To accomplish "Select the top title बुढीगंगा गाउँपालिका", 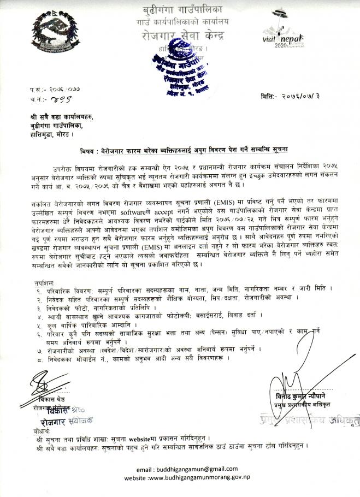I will (180, 10).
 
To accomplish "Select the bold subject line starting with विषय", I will (180, 148).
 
